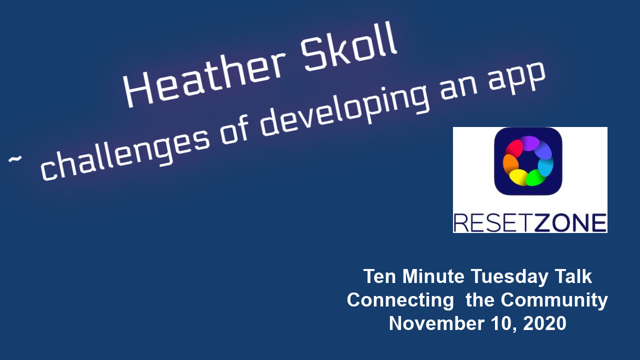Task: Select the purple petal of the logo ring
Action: point(529,143)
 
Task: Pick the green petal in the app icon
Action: point(535,177)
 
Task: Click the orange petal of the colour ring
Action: point(510,164)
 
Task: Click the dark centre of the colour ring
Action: point(528,161)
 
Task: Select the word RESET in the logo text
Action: point(493,223)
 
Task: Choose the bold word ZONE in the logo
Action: point(570,223)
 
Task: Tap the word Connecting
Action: point(400,300)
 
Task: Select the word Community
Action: point(554,300)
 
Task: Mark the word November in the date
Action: point(436,323)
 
